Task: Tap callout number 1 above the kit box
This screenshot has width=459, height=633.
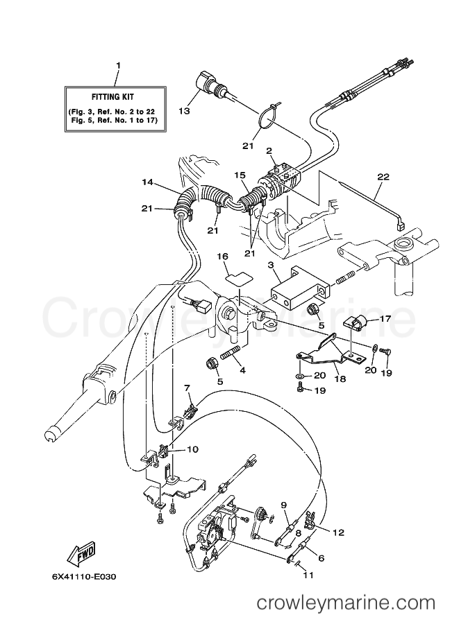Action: coord(118,66)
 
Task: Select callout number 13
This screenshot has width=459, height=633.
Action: coord(184,111)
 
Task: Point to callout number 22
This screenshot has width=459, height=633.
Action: coord(380,176)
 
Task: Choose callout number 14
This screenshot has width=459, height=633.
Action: coord(147,182)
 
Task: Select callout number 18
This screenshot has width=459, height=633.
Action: coord(340,379)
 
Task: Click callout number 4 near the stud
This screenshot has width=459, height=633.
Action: coord(242,370)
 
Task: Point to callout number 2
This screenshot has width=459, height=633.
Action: coord(269,150)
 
